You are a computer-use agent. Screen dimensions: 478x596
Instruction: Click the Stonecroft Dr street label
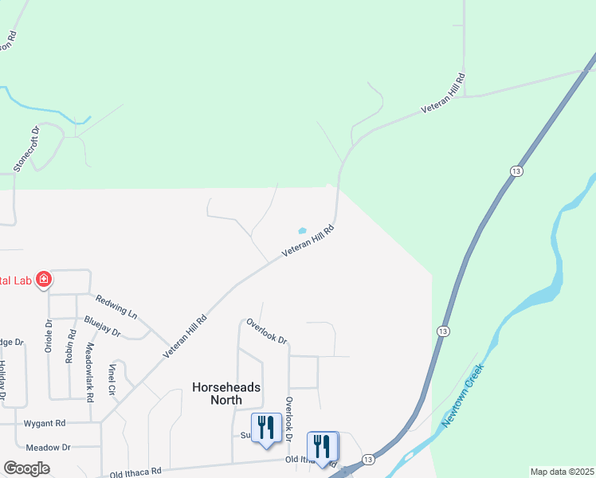(x=26, y=149)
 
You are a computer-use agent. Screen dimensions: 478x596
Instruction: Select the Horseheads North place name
(x=225, y=393)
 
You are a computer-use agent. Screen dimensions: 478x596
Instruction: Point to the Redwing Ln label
(x=116, y=304)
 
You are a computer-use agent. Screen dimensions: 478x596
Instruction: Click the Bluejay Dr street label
(x=102, y=326)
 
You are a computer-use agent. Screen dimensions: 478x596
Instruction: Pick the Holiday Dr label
(x=2, y=381)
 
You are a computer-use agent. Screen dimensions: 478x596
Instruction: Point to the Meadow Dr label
(x=48, y=448)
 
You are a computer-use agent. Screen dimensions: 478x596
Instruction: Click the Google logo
(x=26, y=468)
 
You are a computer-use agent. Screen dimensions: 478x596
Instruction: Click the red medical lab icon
(x=44, y=280)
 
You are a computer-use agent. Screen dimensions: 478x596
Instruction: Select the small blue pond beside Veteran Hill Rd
(x=302, y=231)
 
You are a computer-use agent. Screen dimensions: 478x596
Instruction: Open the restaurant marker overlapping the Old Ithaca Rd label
(x=322, y=445)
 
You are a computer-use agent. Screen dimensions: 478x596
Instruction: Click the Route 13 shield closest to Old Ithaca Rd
(x=367, y=460)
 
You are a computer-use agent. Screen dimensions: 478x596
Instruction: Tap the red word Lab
(x=21, y=280)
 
